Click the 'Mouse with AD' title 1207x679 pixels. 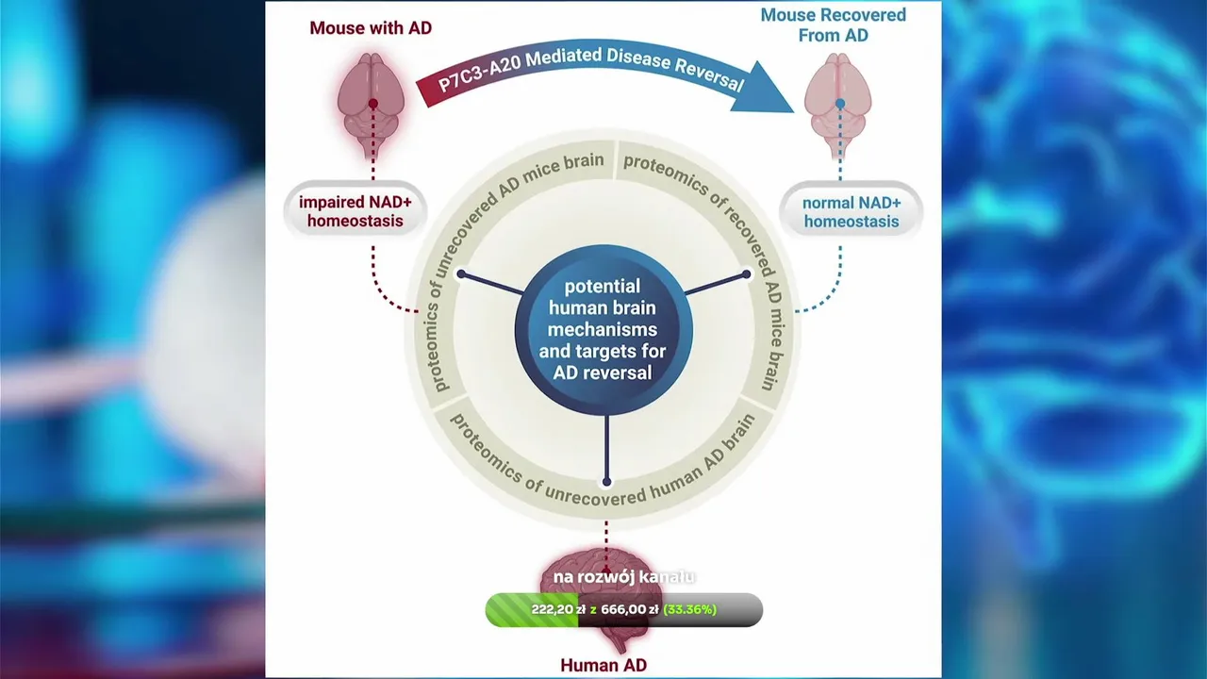coord(371,28)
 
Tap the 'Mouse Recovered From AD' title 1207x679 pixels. coord(833,25)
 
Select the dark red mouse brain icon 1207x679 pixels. coord(372,104)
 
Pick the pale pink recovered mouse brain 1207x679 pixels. coord(838,104)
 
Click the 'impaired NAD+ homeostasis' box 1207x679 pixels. coord(351,212)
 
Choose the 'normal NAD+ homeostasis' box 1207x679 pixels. coord(851,212)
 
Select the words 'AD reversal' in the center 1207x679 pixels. coord(603,372)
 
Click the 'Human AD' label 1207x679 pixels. coord(603,665)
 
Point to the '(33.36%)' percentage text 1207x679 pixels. coord(689,609)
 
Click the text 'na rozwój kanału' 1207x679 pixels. coord(623,576)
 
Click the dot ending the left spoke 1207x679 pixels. coord(461,274)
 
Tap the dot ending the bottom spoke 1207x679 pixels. coord(606,482)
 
